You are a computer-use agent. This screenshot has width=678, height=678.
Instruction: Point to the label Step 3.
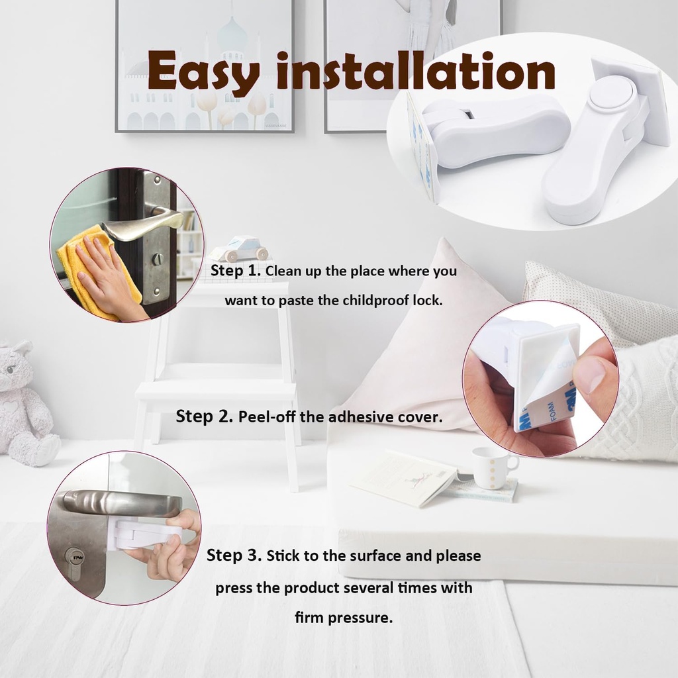click(234, 555)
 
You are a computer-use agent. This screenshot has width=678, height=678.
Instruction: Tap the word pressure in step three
click(366, 618)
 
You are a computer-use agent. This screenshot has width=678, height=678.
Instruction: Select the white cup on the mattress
click(490, 467)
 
